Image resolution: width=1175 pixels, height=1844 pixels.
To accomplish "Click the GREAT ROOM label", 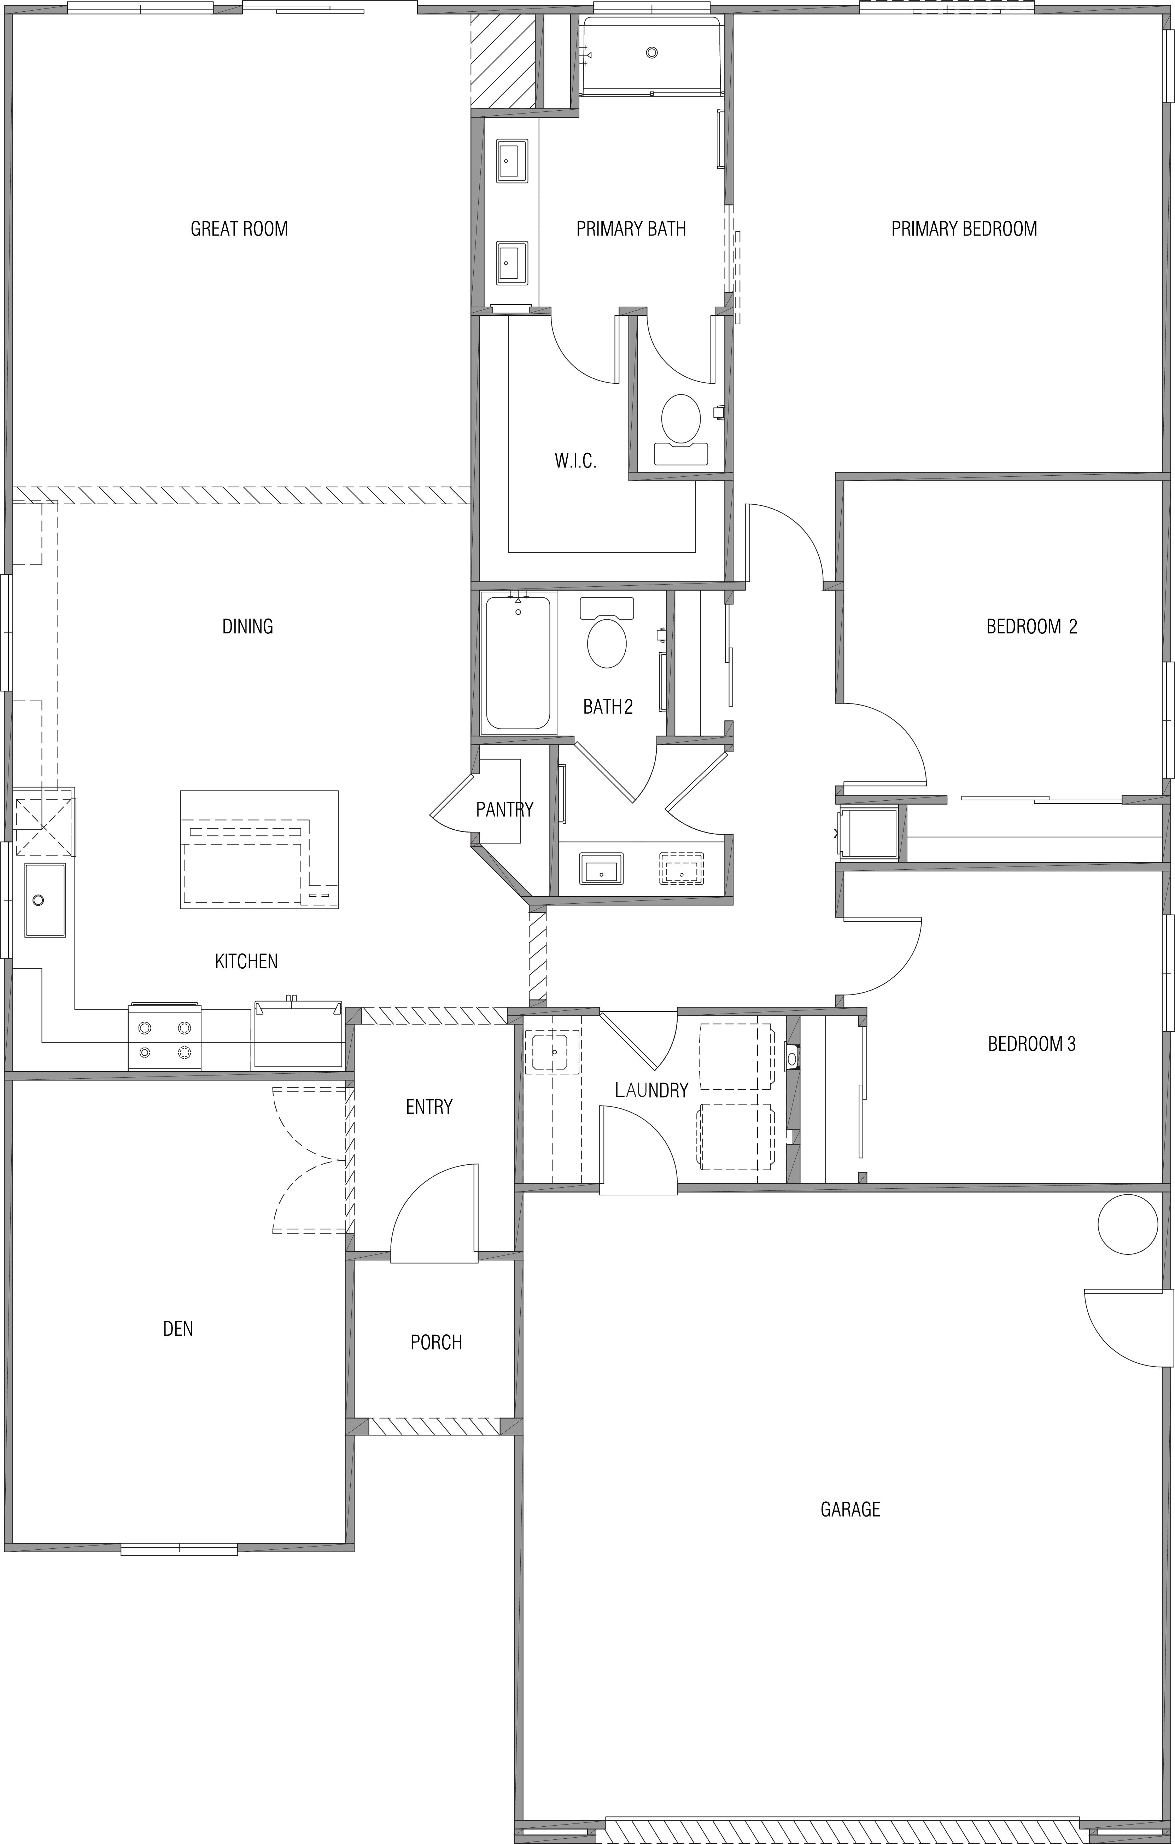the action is [x=239, y=228].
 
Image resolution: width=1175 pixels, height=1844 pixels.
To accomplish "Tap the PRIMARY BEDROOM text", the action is [x=964, y=228].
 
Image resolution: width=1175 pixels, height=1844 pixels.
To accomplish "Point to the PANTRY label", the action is [x=504, y=809].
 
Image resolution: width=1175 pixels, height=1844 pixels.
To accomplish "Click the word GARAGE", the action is [x=850, y=1509].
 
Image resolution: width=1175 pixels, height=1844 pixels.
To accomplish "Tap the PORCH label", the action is [x=436, y=1342].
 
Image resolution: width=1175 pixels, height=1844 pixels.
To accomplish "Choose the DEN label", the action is [x=177, y=1328].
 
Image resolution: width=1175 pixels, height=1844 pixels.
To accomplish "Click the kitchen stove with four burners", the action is [x=165, y=1036].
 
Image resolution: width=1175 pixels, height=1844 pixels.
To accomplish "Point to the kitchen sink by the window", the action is [x=45, y=900].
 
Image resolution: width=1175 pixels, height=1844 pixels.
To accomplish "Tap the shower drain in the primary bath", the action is [x=651, y=52].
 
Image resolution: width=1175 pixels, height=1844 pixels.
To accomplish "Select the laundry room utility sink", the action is [x=553, y=1051].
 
